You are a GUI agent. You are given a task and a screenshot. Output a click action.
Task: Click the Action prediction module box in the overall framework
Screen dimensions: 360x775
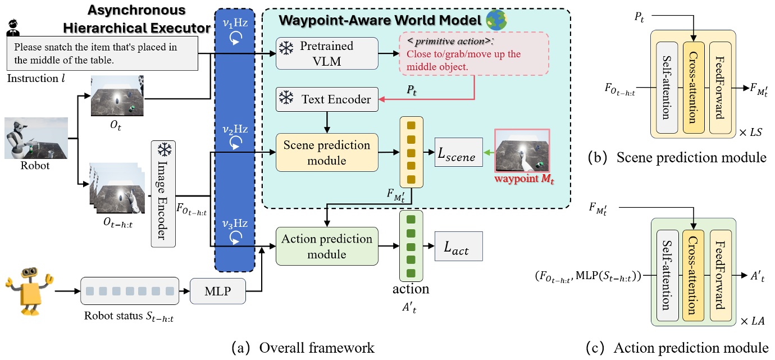click(327, 246)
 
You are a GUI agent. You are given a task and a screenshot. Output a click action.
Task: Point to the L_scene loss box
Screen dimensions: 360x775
click(458, 152)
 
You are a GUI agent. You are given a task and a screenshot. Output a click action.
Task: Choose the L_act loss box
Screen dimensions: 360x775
click(458, 246)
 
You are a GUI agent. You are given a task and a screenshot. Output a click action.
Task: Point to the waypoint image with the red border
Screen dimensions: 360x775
click(522, 151)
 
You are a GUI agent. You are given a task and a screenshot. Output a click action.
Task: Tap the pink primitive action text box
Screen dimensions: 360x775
click(474, 53)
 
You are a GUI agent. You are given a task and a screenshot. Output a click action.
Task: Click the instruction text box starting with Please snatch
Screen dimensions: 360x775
click(103, 53)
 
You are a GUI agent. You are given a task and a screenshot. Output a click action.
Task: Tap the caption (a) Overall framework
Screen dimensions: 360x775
click(303, 348)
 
